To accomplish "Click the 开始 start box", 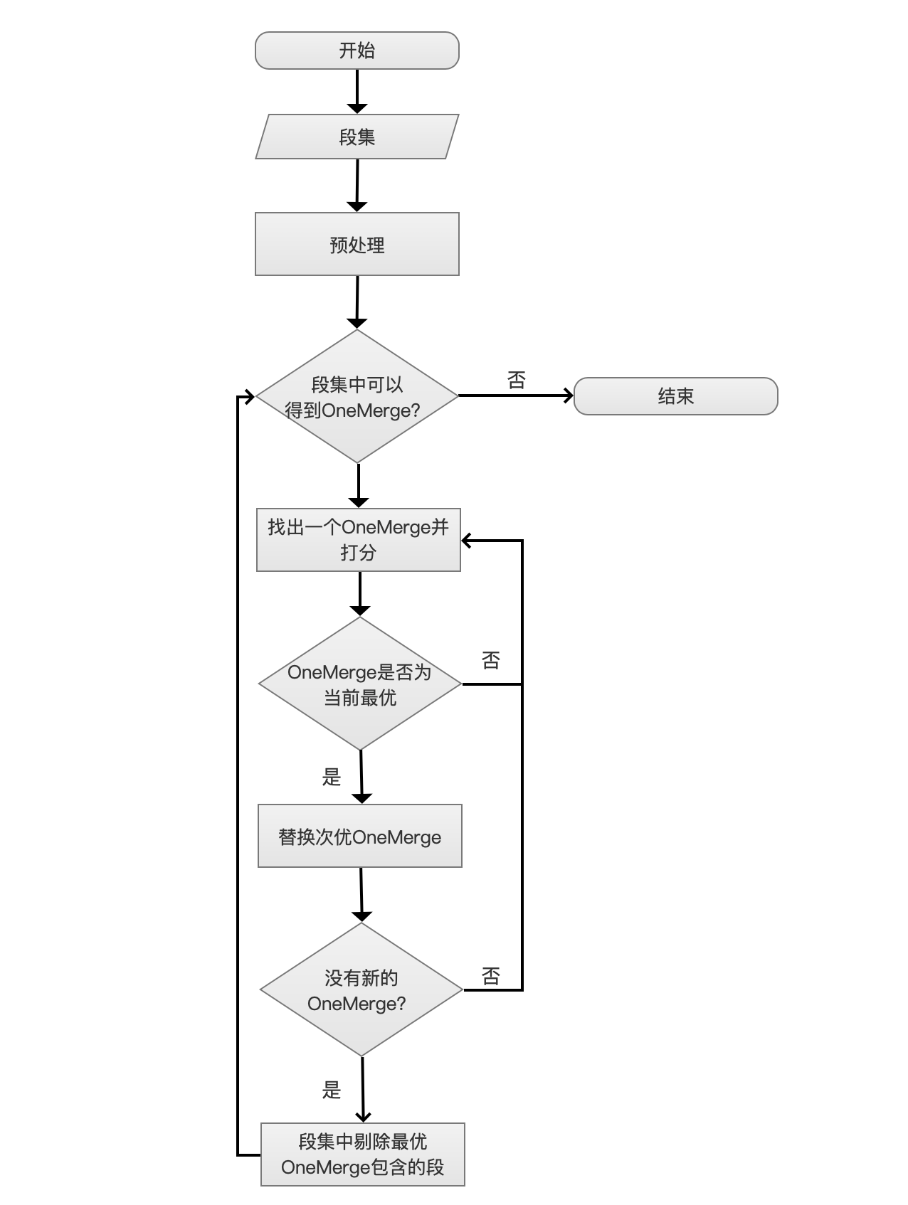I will [x=357, y=51].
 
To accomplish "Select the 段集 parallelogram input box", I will [x=357, y=137].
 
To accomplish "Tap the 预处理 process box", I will [x=357, y=244].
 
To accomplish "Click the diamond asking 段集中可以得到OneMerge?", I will [x=357, y=396].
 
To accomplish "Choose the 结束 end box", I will [x=675, y=396].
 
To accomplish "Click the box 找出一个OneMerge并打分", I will [x=358, y=539].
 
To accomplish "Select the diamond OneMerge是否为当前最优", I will [x=360, y=684].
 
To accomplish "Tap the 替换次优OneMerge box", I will [x=359, y=836].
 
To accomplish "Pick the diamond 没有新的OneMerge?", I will [x=361, y=989].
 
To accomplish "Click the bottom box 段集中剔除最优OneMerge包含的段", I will [x=362, y=1154].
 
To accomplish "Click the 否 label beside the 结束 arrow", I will [x=517, y=380].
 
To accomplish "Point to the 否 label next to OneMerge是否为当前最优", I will [x=491, y=660].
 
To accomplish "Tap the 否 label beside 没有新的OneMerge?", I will [x=491, y=976].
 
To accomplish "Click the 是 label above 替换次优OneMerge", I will [x=332, y=777].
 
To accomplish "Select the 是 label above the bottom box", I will [x=332, y=1090].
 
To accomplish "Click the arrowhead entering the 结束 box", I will [x=569, y=396].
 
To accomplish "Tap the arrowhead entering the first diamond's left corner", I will [x=249, y=396].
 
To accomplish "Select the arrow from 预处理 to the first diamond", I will [x=357, y=302].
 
